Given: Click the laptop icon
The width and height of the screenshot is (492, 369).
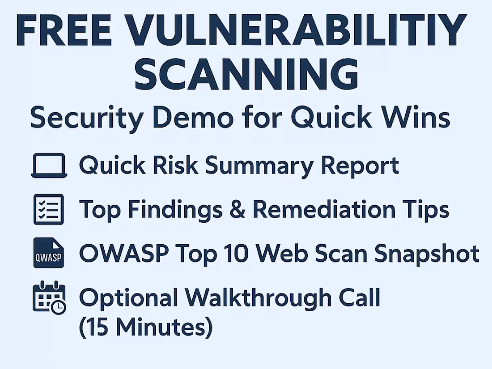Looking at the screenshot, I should [49, 166].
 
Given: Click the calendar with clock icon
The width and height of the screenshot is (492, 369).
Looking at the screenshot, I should [49, 297].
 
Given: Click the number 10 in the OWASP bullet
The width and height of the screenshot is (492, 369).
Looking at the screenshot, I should [243, 254].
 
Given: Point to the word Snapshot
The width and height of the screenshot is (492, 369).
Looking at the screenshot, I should [427, 254].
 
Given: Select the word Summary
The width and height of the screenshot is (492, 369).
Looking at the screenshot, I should [260, 165].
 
